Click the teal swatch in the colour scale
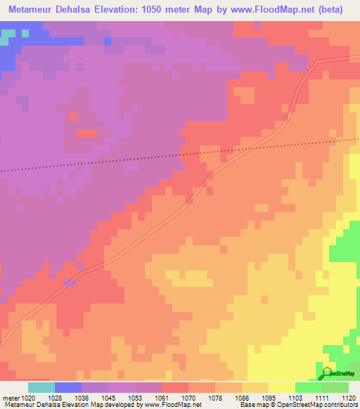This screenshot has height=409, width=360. pyautogui.click(x=41, y=387)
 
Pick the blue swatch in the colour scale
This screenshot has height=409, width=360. pyautogui.click(x=68, y=387)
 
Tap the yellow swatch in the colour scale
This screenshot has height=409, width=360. pyautogui.click(x=281, y=387)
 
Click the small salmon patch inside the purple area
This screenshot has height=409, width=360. pyautogui.click(x=86, y=133)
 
